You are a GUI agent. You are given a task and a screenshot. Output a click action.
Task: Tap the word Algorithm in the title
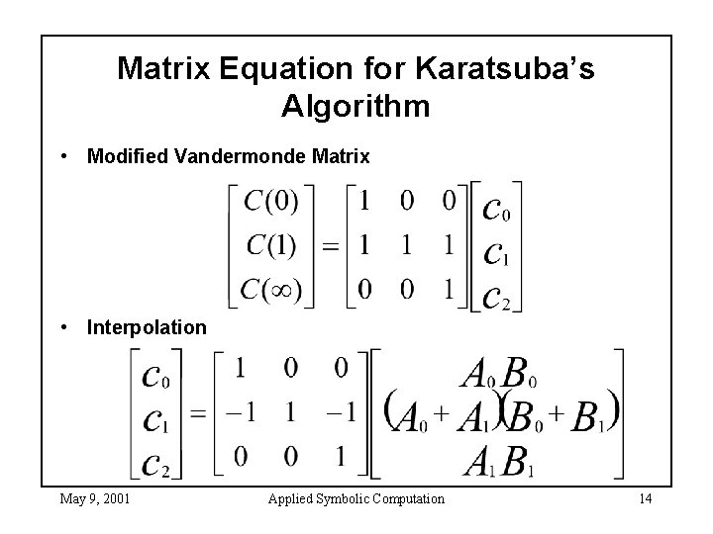[x=356, y=106]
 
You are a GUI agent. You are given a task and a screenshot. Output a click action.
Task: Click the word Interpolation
[x=148, y=326]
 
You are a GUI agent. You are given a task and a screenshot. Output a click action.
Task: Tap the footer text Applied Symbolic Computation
[x=356, y=498]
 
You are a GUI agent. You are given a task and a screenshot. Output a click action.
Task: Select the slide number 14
[x=645, y=498]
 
